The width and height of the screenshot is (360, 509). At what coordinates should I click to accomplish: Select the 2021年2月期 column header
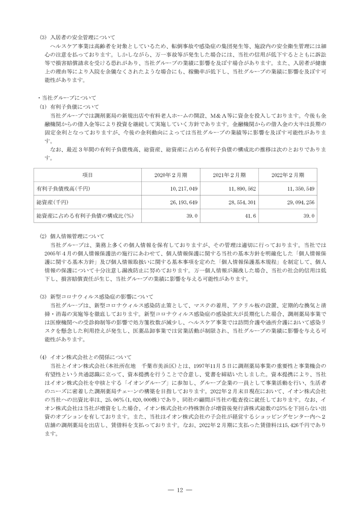tap(229, 175)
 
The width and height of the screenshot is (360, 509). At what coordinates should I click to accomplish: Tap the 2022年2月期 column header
tap(288, 175)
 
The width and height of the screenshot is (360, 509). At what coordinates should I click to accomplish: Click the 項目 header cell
tap(87, 175)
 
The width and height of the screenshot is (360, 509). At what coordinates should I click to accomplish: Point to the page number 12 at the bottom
tap(180, 490)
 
